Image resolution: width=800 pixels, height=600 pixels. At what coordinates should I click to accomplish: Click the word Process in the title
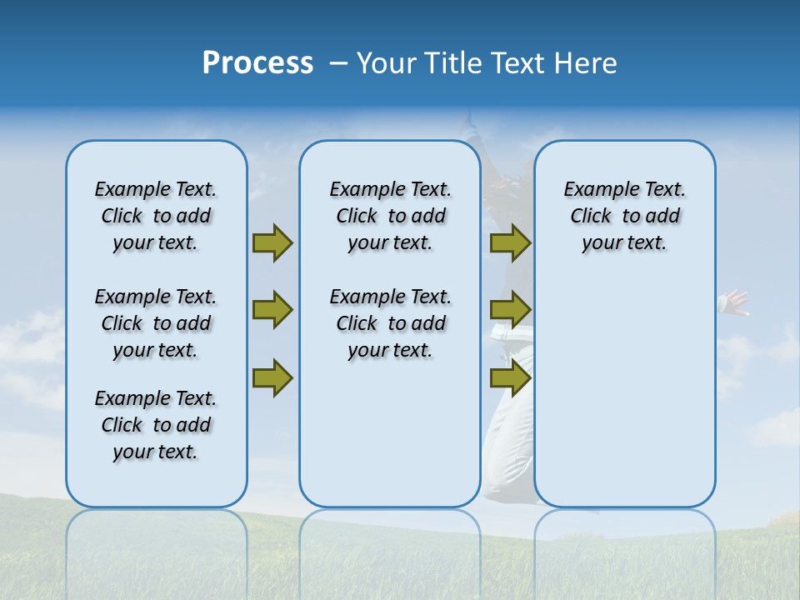[x=257, y=63]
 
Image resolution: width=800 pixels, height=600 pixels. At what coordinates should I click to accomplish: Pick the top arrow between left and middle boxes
[x=272, y=242]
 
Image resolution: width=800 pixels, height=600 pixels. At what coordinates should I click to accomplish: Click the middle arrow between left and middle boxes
[x=272, y=310]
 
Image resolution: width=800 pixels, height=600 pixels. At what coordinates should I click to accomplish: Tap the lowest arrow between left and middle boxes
[x=272, y=378]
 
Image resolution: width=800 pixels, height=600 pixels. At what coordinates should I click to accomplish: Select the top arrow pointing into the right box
[x=510, y=242]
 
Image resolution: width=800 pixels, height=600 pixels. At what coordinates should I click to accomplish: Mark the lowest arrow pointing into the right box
[x=510, y=378]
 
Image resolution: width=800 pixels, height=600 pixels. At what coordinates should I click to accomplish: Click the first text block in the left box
[x=156, y=216]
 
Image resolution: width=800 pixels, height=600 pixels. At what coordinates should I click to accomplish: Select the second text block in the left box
[x=156, y=323]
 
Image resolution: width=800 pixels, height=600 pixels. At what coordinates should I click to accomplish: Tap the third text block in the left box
[x=156, y=425]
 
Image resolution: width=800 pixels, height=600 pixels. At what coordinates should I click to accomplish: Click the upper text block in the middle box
[x=390, y=216]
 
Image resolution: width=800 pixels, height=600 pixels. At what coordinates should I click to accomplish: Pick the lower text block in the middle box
[x=390, y=323]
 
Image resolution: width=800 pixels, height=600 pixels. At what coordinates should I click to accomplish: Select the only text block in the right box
[x=624, y=216]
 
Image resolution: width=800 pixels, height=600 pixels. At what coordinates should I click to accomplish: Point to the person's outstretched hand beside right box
[x=736, y=302]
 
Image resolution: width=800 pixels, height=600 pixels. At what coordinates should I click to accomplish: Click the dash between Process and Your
[x=338, y=63]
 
